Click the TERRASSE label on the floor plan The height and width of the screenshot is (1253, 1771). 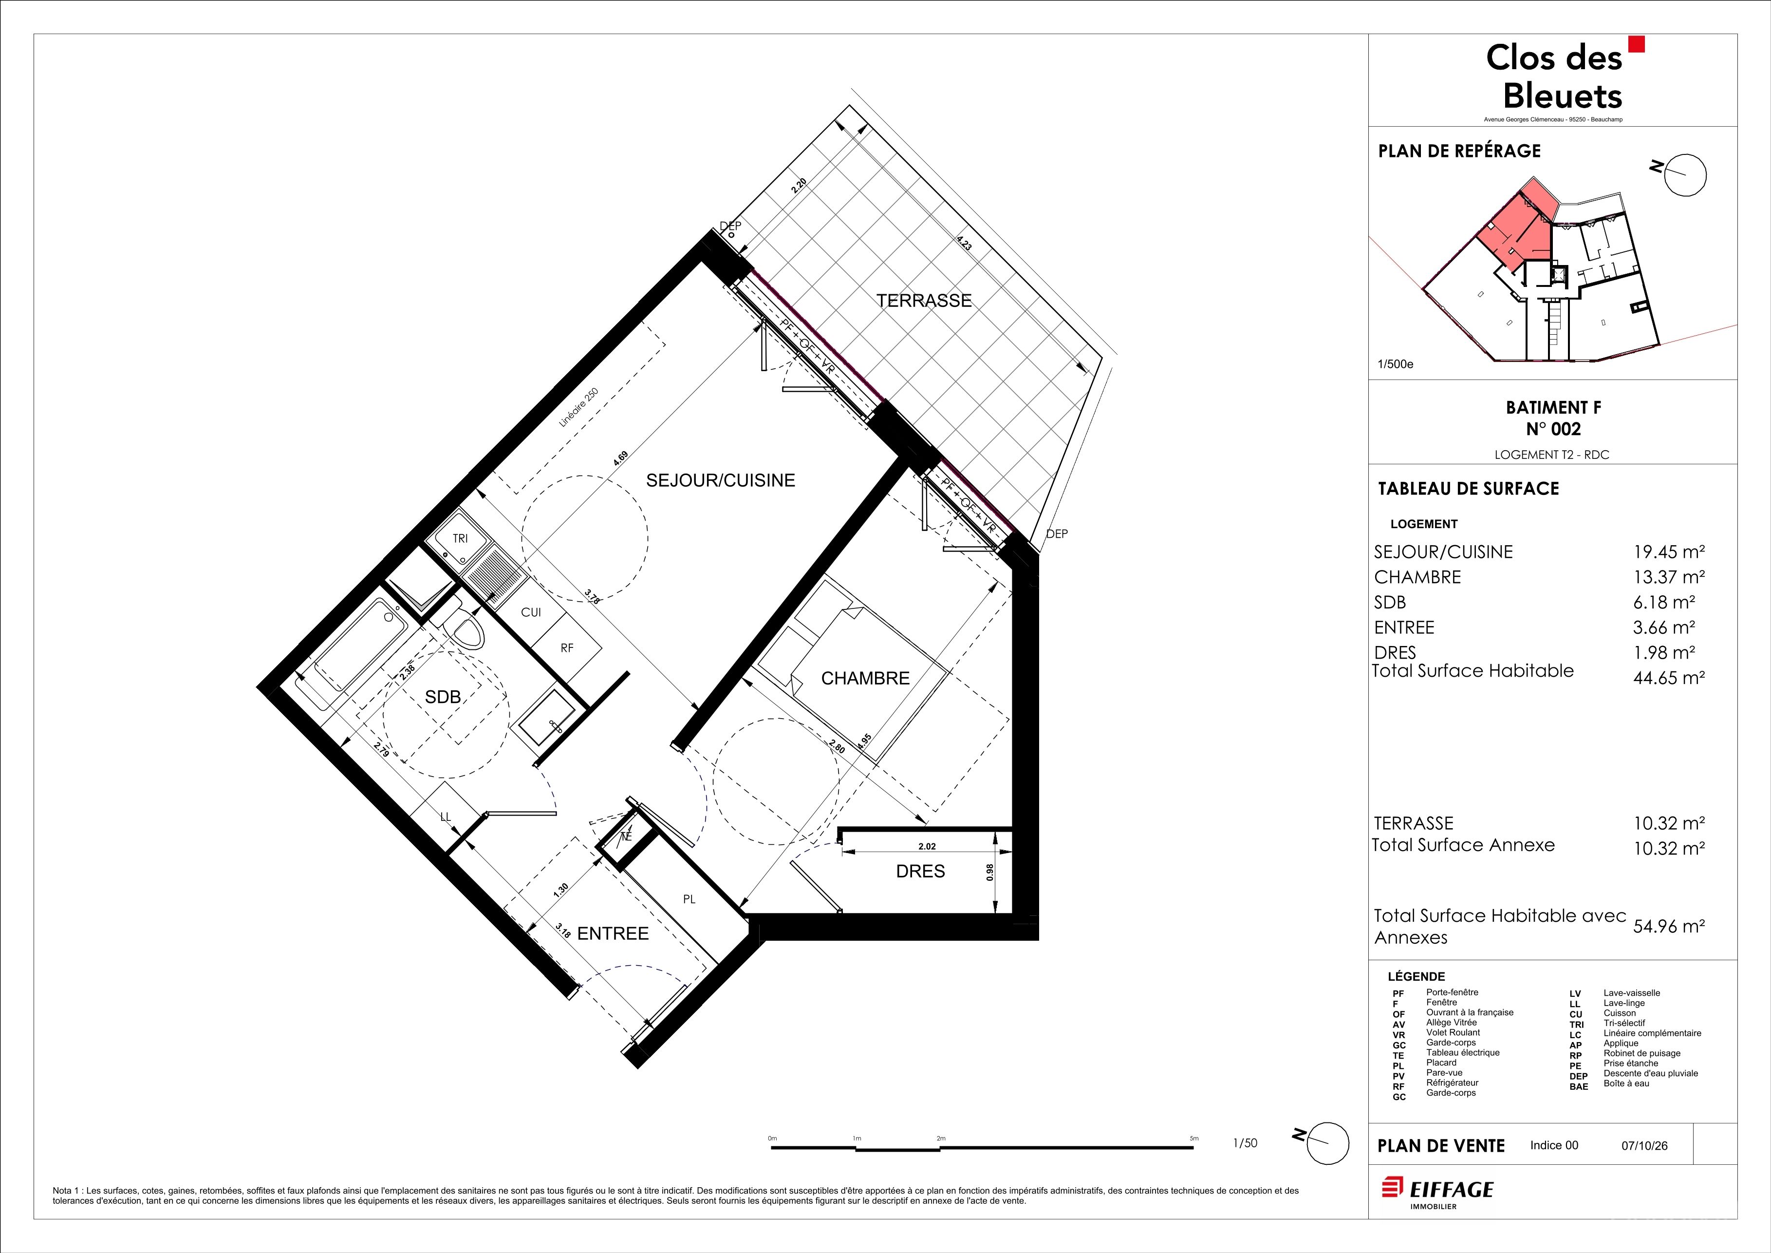(x=924, y=301)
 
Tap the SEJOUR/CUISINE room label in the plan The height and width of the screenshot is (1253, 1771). (x=721, y=480)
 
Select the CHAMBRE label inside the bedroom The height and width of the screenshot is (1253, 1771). (x=865, y=678)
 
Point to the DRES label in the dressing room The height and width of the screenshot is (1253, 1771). (x=920, y=871)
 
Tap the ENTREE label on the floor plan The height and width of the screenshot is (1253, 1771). (x=613, y=933)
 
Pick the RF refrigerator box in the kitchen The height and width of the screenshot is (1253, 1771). (x=567, y=648)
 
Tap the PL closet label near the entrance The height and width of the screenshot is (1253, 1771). (x=690, y=899)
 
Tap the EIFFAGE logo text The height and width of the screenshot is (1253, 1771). (x=1453, y=1190)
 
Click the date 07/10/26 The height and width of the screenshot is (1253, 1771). (x=1644, y=1146)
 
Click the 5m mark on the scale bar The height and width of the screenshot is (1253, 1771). (x=1194, y=1139)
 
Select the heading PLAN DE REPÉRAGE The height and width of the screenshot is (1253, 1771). (x=1459, y=151)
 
